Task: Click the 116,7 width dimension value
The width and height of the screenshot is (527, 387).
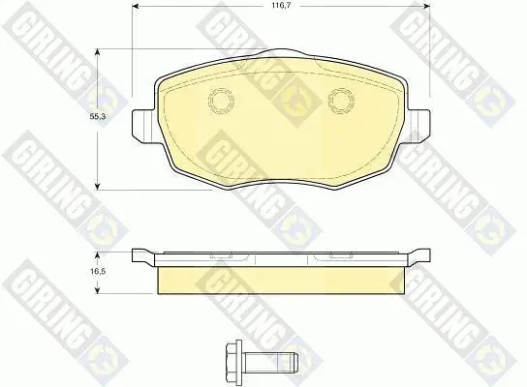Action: (x=281, y=6)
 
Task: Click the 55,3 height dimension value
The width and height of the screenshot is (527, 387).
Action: (x=98, y=117)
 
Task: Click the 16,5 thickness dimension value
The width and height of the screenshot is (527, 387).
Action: (x=98, y=271)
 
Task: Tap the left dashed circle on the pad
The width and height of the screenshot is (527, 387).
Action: (x=221, y=100)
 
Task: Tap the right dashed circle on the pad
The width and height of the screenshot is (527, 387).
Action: (x=341, y=100)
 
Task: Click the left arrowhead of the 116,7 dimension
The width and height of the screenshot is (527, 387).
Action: (x=135, y=6)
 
